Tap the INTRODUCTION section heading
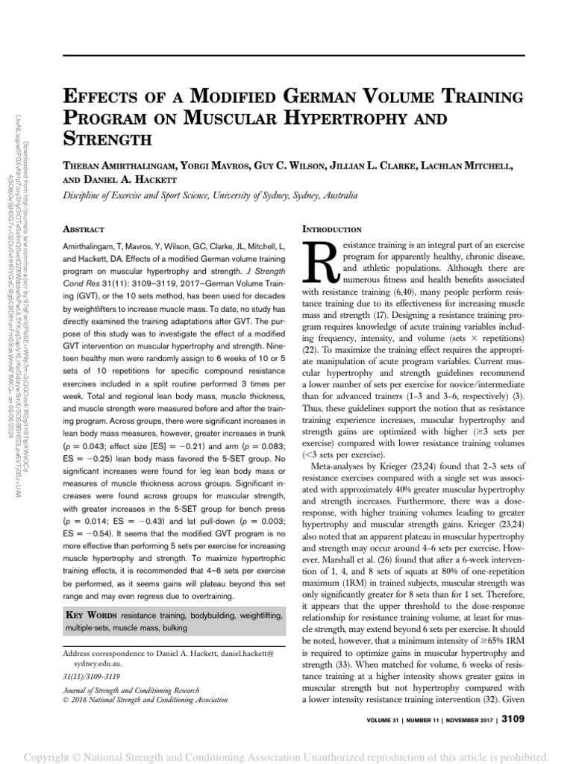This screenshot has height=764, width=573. click(x=331, y=229)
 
